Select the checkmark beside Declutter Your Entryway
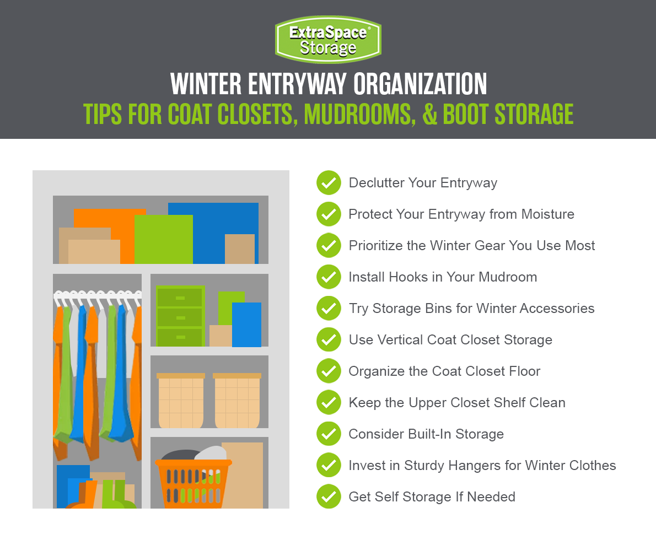coord(329,182)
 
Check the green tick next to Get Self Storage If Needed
coord(329,496)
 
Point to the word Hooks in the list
coord(406,277)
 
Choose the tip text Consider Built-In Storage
coord(426,434)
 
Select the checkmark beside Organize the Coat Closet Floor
coord(329,371)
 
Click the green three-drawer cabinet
coord(180,316)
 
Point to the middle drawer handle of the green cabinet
coord(180,318)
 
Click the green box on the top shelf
coord(163,239)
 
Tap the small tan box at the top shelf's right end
coord(240,249)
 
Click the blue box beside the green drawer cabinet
coord(246,325)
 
